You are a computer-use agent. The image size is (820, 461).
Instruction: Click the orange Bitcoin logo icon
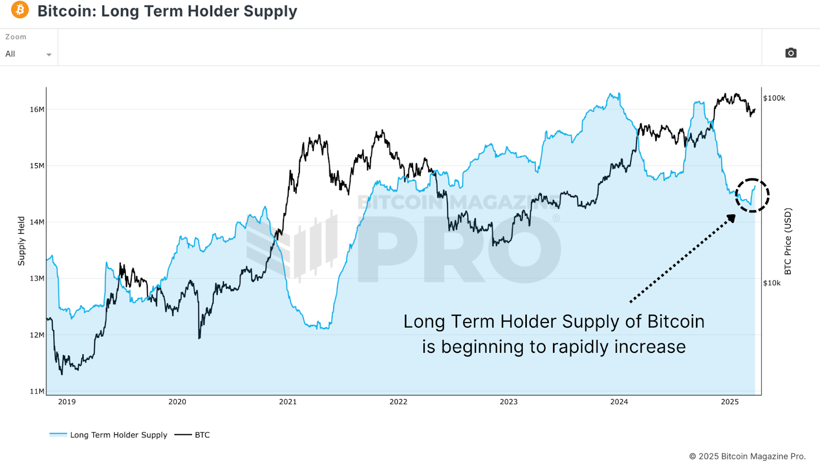click(x=20, y=10)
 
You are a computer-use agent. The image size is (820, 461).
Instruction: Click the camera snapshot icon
click(x=791, y=53)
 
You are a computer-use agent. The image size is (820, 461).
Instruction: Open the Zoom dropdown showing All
click(x=28, y=54)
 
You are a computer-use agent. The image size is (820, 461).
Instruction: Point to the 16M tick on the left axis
click(x=37, y=109)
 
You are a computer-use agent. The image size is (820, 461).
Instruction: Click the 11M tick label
click(x=37, y=391)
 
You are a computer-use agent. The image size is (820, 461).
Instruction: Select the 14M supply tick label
click(x=37, y=222)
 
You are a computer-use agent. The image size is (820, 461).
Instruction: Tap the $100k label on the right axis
click(x=774, y=98)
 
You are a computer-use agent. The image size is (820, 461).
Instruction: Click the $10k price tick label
click(x=772, y=283)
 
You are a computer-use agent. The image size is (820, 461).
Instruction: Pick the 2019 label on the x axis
click(x=67, y=402)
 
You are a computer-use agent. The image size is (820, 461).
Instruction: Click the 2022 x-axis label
click(x=398, y=402)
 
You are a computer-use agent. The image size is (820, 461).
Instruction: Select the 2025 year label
click(x=729, y=402)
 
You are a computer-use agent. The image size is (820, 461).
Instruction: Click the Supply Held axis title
click(x=21, y=241)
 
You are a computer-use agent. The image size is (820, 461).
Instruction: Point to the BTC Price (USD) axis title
click(x=788, y=241)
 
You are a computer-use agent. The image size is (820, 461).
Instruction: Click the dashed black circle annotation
click(x=752, y=195)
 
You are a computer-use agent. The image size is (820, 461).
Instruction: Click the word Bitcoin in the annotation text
click(x=675, y=322)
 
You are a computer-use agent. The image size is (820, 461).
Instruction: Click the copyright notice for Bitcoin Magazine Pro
click(x=747, y=456)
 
